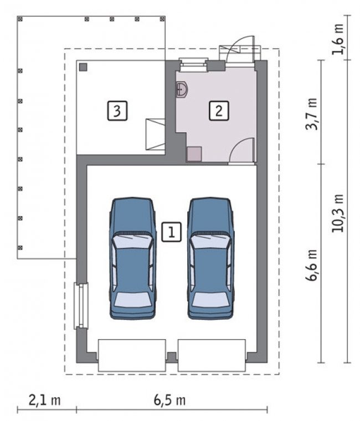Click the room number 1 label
click(171, 232)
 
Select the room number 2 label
click(219, 110)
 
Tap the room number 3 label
click(117, 110)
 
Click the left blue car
click(133, 258)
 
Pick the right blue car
click(211, 258)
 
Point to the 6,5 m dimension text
click(169, 401)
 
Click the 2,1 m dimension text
click(45, 401)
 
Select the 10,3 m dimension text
click(338, 213)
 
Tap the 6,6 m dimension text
click(312, 265)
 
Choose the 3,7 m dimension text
click(312, 114)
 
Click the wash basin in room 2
click(182, 89)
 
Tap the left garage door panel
click(132, 355)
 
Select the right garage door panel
click(212, 355)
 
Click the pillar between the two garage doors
click(172, 357)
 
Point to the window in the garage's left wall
click(81, 306)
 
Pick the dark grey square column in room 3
click(83, 67)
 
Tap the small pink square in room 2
click(194, 154)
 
